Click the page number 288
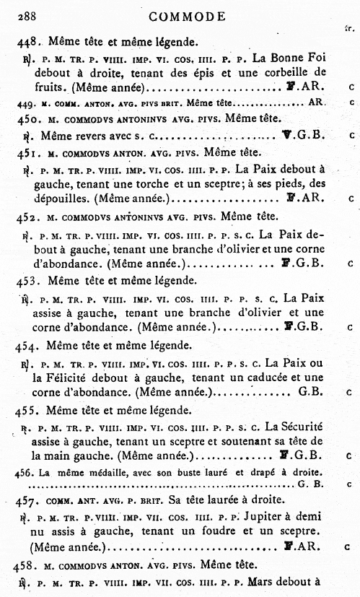click(x=28, y=16)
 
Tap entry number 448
click(x=28, y=42)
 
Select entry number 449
click(x=25, y=103)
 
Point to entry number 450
click(x=27, y=118)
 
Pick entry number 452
click(x=27, y=214)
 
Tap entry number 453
click(x=27, y=279)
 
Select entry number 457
click(x=27, y=500)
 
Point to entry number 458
click(x=27, y=563)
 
